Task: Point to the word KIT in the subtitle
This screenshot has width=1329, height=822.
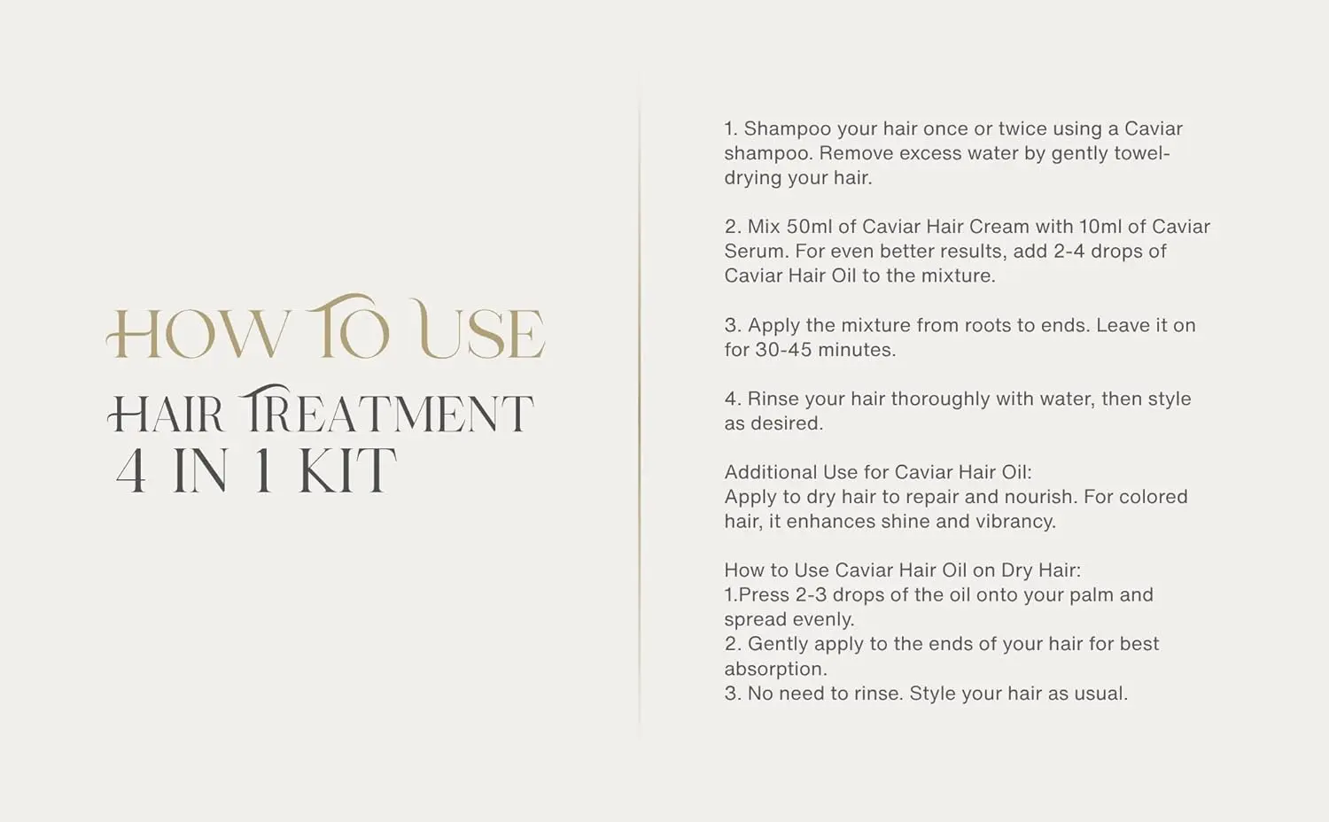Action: coord(347,470)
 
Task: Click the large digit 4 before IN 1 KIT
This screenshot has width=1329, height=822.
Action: coord(131,470)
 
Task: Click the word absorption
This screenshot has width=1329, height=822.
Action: coord(775,670)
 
